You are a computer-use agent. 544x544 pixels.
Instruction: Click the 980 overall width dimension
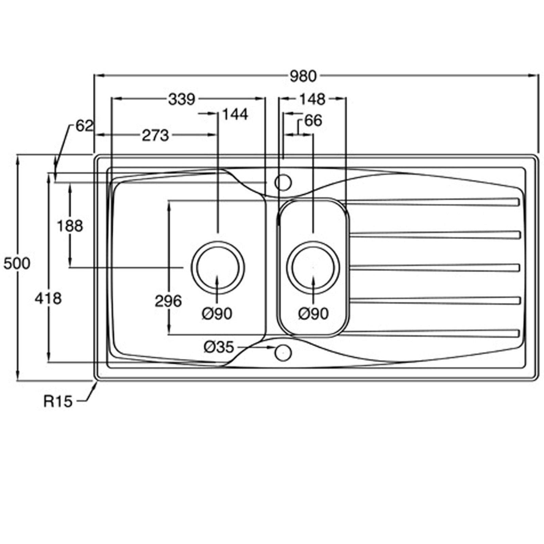tap(303, 76)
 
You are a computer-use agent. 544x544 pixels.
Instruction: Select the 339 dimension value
tap(182, 100)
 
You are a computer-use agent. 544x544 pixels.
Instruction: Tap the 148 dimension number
tap(312, 100)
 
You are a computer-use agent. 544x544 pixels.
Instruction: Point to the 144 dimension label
tap(235, 115)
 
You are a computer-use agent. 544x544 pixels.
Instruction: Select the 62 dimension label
tap(84, 126)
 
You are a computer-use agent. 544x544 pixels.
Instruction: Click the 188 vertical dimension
tap(70, 226)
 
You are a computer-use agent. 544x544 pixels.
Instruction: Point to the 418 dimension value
tap(49, 299)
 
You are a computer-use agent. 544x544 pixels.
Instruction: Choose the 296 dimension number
tap(168, 301)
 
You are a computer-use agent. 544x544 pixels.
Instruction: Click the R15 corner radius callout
tap(58, 402)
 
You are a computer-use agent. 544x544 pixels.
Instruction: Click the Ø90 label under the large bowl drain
tap(217, 314)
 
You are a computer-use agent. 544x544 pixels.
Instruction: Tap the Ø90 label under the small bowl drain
tap(313, 314)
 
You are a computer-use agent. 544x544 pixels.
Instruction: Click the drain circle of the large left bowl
tap(218, 267)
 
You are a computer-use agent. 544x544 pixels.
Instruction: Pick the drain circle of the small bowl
tap(313, 267)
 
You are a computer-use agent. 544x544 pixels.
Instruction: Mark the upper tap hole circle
tap(283, 183)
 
